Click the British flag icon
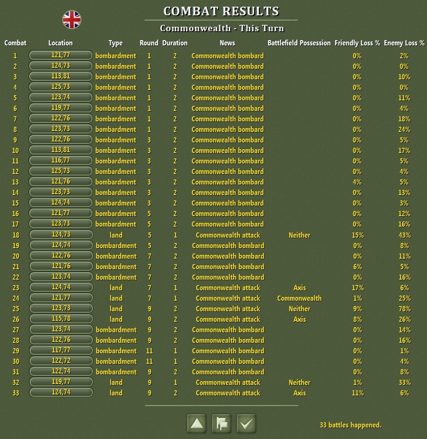pyautogui.click(x=72, y=20)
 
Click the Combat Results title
pyautogui.click(x=221, y=11)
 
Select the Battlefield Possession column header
pyautogui.click(x=299, y=43)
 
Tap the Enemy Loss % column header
pyautogui.click(x=404, y=43)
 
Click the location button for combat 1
pyautogui.click(x=60, y=55)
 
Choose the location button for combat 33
pyautogui.click(x=60, y=393)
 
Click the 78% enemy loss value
pyautogui.click(x=404, y=308)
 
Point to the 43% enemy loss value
pyautogui.click(x=404, y=235)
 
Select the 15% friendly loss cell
pyautogui.click(x=357, y=235)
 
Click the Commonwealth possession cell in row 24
pyautogui.click(x=299, y=298)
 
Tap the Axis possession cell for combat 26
pyautogui.click(x=299, y=319)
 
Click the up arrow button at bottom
pyautogui.click(x=197, y=423)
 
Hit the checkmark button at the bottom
pyautogui.click(x=246, y=423)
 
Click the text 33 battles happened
pyautogui.click(x=350, y=425)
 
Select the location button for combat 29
pyautogui.click(x=60, y=351)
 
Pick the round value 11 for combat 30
pyautogui.click(x=149, y=361)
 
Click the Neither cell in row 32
pyautogui.click(x=299, y=382)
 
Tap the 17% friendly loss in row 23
pyautogui.click(x=357, y=287)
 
